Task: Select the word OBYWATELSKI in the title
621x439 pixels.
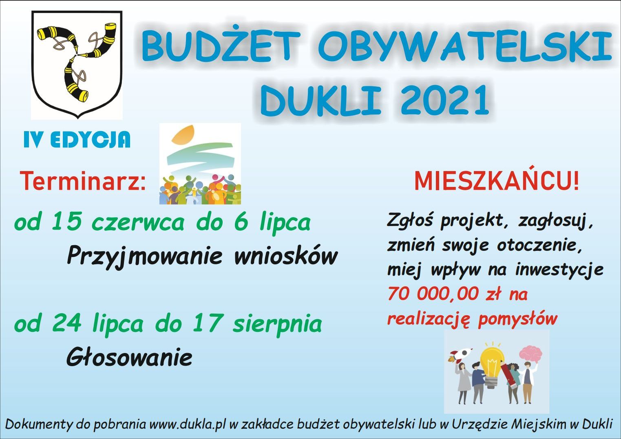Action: point(463,46)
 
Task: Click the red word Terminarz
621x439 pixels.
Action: point(83,181)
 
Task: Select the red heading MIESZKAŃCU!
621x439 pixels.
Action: point(497,181)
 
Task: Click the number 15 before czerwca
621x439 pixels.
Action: point(66,222)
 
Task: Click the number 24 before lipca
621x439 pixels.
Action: point(67,323)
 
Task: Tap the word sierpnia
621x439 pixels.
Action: point(277,324)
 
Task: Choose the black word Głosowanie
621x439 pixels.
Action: point(129,357)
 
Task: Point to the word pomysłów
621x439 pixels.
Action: point(517,319)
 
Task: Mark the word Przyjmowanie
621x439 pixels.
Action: point(144,257)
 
